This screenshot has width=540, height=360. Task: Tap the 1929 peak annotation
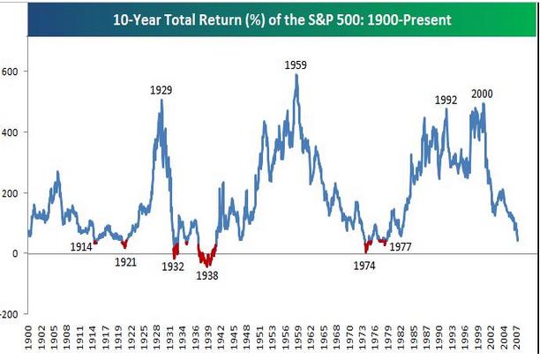161,89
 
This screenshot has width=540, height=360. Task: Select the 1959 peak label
296,64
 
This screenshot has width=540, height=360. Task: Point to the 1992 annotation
446,100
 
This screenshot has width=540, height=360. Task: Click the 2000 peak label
483,94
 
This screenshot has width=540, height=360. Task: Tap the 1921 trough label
127,261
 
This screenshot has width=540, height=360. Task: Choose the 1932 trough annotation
173,266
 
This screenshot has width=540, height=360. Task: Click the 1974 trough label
364,265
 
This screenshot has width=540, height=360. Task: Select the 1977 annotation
401,247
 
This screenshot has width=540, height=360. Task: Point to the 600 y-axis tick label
11,71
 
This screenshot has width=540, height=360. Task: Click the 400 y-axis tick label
11,132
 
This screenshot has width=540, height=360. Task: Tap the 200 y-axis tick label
11,193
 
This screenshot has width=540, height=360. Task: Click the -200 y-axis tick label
10,314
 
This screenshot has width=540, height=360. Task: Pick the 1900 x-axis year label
31,340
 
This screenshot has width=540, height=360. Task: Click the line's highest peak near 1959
296,75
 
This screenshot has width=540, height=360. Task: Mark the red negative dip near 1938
208,260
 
